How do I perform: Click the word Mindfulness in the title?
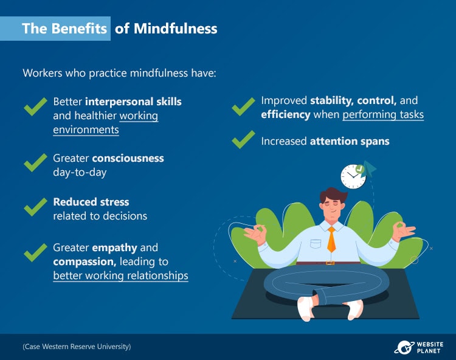pyautogui.click(x=175, y=29)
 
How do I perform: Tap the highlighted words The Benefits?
pyautogui.click(x=64, y=29)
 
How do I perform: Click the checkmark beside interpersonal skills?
pyautogui.click(x=35, y=106)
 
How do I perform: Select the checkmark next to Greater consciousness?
pyautogui.click(x=35, y=162)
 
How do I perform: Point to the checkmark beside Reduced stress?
pyautogui.click(x=35, y=207)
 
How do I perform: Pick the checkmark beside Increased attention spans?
pyautogui.click(x=243, y=140)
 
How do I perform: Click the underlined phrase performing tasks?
pyautogui.click(x=383, y=114)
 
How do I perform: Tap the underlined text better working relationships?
pyautogui.click(x=121, y=275)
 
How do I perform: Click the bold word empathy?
pyautogui.click(x=114, y=248)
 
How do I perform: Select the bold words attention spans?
pyautogui.click(x=350, y=141)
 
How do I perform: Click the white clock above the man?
pyautogui.click(x=353, y=176)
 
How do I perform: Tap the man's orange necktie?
pyautogui.click(x=331, y=239)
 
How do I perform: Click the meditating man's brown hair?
pyautogui.click(x=333, y=195)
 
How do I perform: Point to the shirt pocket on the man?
pyautogui.click(x=315, y=244)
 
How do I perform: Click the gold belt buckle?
pyautogui.click(x=330, y=263)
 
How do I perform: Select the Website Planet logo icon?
pyautogui.click(x=404, y=347)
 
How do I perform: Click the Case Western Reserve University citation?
pyautogui.click(x=77, y=347)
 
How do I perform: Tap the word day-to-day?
pyautogui.click(x=80, y=173)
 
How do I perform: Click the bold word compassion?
pyautogui.click(x=85, y=261)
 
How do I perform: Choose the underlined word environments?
pyautogui.click(x=86, y=130)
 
